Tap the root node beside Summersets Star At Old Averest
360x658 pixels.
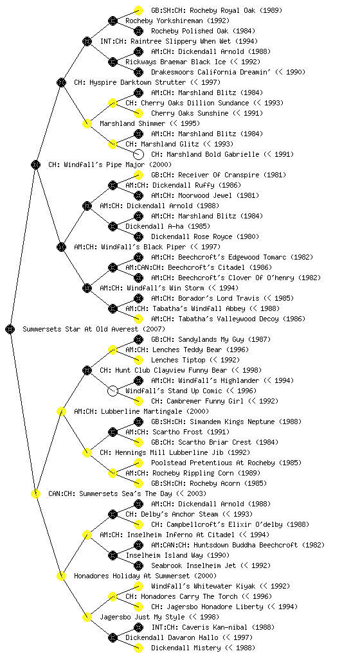10,329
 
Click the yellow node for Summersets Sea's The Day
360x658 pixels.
35,493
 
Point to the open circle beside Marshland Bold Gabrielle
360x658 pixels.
138,154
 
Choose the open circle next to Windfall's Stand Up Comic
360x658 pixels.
113,391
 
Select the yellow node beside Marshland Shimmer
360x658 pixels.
87,123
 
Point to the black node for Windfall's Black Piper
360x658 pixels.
61,247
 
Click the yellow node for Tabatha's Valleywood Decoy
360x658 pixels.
138,319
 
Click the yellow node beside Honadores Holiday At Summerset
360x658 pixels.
61,576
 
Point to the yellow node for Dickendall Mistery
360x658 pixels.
138,648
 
